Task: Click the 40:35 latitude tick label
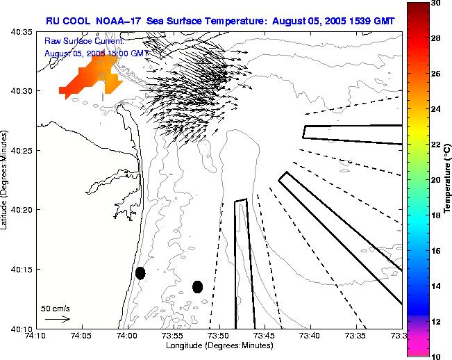[24, 32]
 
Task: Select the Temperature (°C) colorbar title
[449, 179]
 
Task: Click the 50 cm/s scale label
[55, 308]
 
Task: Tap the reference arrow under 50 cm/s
[57, 319]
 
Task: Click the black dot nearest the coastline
[140, 273]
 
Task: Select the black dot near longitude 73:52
[197, 286]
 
